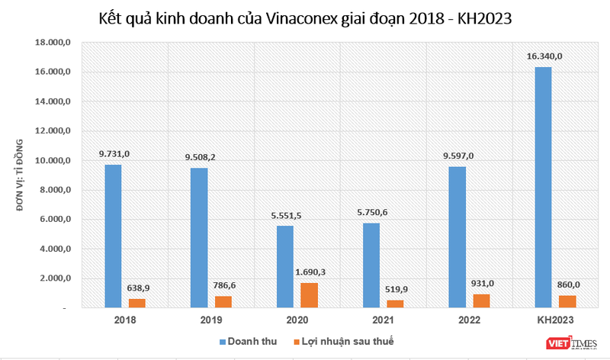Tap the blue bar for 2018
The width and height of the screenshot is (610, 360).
coord(112,236)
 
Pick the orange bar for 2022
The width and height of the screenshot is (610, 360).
coord(482,301)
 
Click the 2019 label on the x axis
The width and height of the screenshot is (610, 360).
coord(211,320)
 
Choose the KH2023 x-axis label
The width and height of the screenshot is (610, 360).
coord(555,320)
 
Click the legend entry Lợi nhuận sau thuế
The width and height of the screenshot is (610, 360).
coord(348,340)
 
